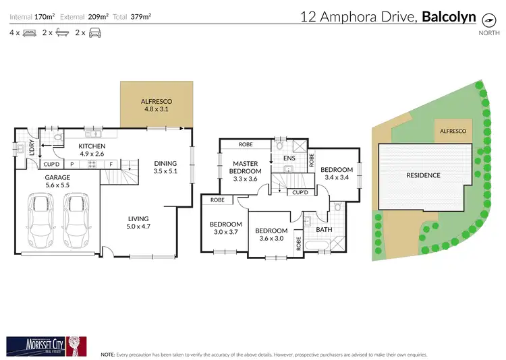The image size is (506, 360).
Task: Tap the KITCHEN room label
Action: tap(92, 150)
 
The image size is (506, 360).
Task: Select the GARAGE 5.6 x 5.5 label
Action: tap(58, 181)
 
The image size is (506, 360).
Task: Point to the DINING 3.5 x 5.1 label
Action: tap(165, 167)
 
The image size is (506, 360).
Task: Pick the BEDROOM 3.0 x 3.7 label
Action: tap(225, 228)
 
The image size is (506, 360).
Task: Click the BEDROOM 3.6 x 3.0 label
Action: tap(271, 234)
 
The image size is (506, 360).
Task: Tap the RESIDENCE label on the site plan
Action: tap(423, 175)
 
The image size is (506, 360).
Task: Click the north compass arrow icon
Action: tap(485, 19)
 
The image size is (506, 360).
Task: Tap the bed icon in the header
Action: tap(28, 32)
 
